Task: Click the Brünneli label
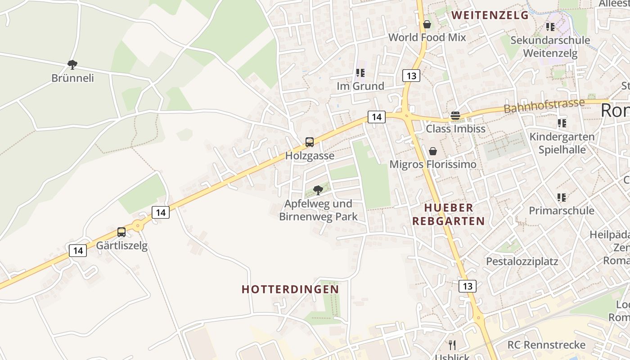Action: (x=72, y=78)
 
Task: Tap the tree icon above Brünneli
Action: (x=72, y=65)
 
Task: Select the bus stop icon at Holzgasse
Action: (x=310, y=142)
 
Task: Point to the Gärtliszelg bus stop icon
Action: (x=121, y=232)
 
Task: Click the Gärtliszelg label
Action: (x=121, y=246)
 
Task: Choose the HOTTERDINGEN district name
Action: (x=290, y=289)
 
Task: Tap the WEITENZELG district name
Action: (x=490, y=15)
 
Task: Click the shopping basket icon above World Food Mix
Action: (x=427, y=24)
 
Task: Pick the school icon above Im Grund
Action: (x=360, y=73)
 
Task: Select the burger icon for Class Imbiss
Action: (x=455, y=116)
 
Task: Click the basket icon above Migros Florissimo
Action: (x=432, y=151)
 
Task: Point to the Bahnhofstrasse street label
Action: (x=544, y=106)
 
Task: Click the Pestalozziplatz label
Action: (x=522, y=261)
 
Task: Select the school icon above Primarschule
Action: (x=561, y=197)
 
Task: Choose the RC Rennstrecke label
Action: (x=546, y=345)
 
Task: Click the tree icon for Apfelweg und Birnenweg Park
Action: (x=318, y=190)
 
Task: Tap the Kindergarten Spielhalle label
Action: (x=562, y=143)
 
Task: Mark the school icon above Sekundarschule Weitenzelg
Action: (x=550, y=27)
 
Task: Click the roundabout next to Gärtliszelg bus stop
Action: (x=138, y=226)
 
